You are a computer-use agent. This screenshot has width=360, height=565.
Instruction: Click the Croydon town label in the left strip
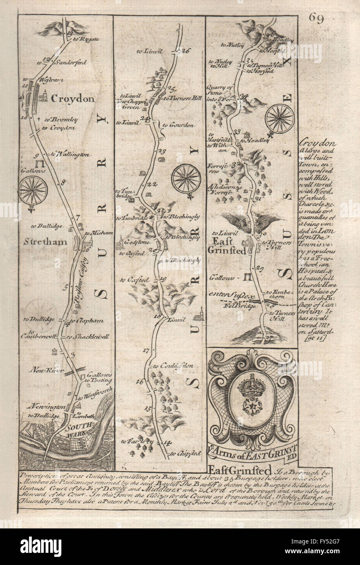[72, 99]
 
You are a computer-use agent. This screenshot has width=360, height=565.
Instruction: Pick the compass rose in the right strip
[280, 118]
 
